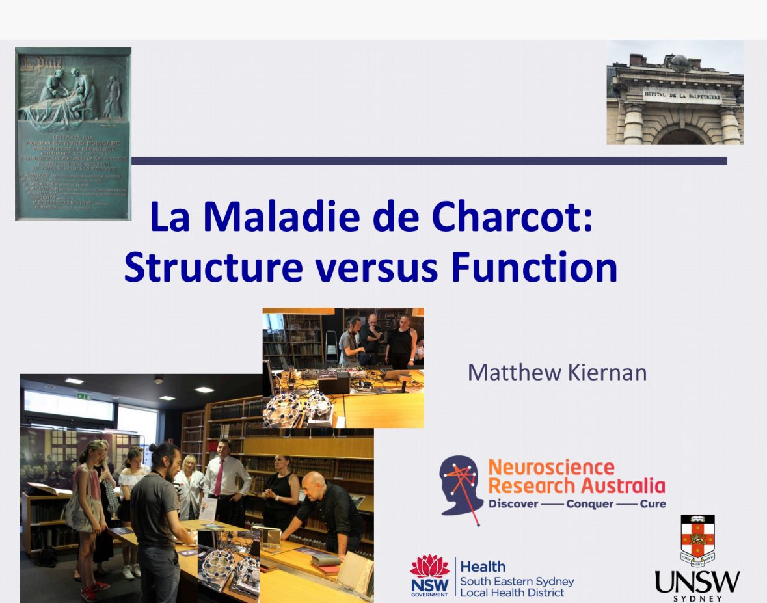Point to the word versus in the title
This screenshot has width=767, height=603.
click(377, 268)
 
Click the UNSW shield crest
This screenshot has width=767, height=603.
click(697, 540)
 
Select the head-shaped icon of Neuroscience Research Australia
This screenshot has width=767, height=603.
click(460, 485)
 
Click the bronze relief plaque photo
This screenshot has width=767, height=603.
click(73, 133)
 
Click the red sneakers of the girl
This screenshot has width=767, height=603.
click(89, 593)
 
